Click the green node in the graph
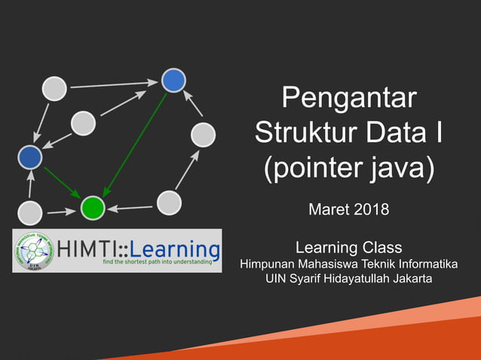point(92,206)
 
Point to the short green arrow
point(61,182)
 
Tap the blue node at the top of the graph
point(174,80)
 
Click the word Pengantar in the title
point(348,99)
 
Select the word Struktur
point(305,133)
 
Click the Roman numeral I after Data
point(439,133)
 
